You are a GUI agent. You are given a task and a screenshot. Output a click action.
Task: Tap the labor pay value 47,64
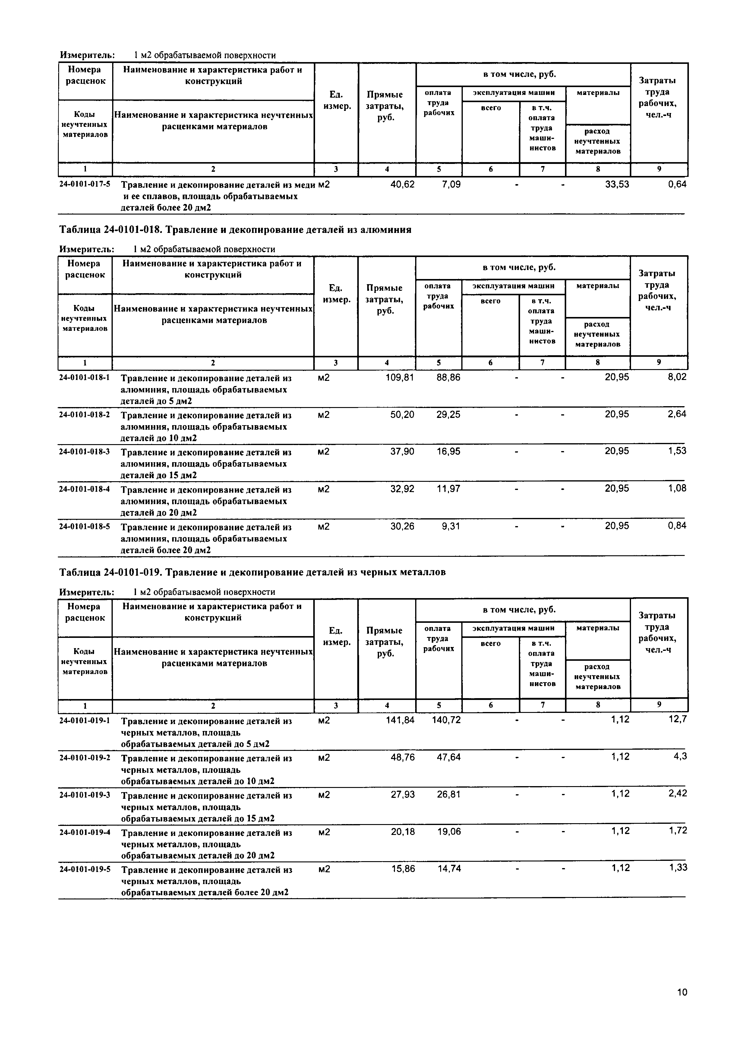point(449,757)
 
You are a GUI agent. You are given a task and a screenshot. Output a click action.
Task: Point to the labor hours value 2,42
point(677,794)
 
